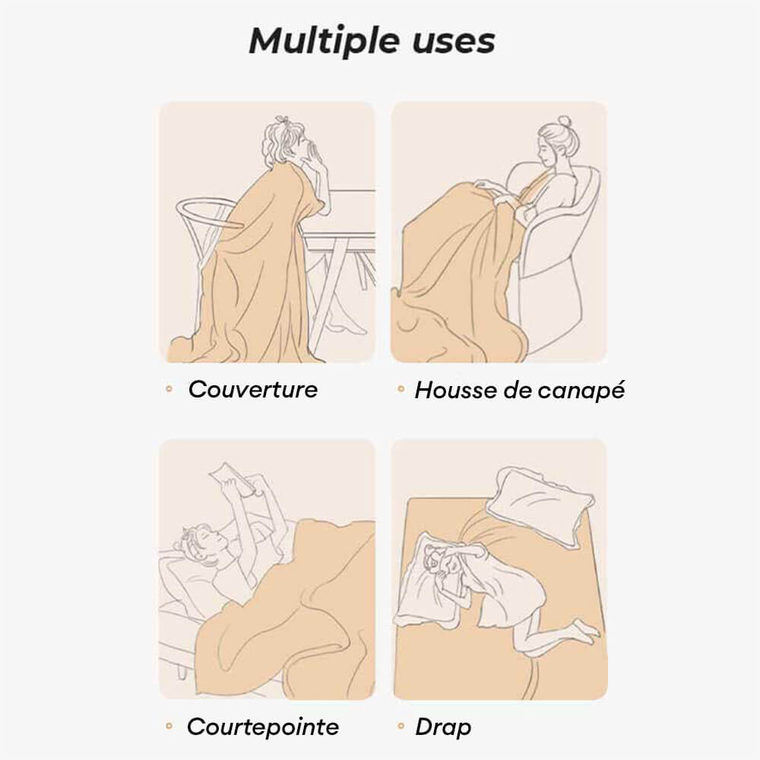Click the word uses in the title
(454, 42)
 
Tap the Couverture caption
(252, 389)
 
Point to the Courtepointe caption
(263, 727)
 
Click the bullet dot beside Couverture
(169, 388)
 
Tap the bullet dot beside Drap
(401, 726)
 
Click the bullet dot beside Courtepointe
(169, 726)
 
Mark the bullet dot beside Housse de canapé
(401, 388)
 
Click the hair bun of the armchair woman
(564, 120)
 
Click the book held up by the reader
(233, 477)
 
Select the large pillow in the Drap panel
(540, 506)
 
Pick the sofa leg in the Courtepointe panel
(182, 671)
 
